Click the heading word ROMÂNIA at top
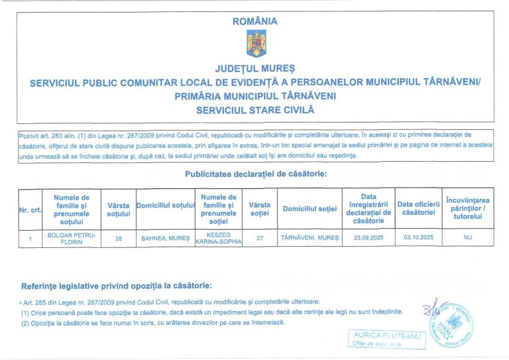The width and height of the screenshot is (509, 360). [255, 21]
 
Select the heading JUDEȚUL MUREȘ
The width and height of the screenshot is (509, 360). [255, 69]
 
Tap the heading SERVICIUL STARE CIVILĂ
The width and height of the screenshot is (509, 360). [255, 109]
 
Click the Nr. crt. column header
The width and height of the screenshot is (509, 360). [30, 210]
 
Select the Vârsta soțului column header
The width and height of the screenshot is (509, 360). [118, 210]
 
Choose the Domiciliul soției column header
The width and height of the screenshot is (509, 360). [310, 210]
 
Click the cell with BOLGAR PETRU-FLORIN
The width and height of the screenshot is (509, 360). [72, 237]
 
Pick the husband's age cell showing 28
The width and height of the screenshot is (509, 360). [118, 237]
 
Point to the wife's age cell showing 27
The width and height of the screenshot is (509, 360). [260, 237]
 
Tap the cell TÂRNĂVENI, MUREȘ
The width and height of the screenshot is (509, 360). [310, 237]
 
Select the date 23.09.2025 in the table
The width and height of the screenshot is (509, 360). [368, 237]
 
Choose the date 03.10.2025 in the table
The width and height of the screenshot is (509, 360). [418, 237]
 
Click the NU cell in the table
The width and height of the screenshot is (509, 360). [468, 237]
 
